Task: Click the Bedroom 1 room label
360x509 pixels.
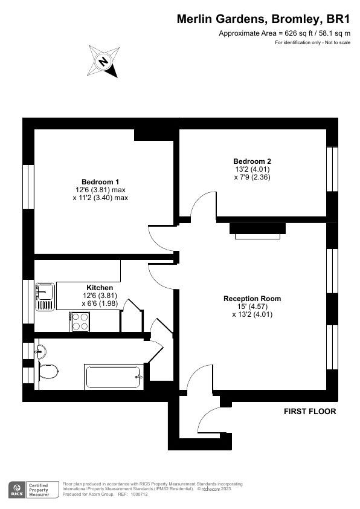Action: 100,182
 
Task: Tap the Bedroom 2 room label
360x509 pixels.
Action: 252,161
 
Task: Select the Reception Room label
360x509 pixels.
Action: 252,299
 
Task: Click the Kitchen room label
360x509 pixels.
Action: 100,287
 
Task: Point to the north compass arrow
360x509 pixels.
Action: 103,61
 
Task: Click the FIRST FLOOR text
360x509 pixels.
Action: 310,412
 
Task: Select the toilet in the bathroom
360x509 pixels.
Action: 47,370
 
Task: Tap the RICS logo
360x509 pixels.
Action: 18,489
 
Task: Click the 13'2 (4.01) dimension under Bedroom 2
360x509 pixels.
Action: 252,170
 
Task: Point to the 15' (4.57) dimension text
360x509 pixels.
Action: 252,306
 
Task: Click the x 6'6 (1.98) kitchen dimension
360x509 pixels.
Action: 100,303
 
